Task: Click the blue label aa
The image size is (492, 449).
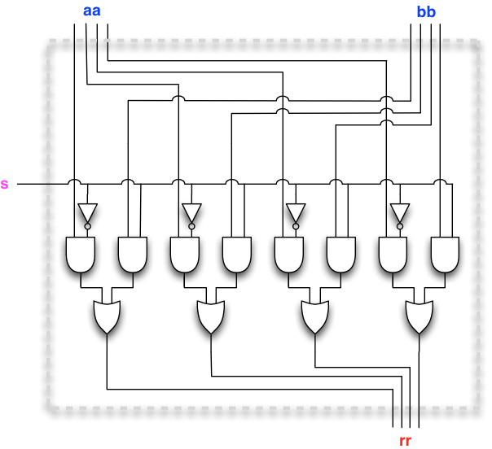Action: click(x=91, y=11)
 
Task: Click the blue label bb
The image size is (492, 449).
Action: click(x=426, y=11)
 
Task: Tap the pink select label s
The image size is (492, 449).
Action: click(x=6, y=185)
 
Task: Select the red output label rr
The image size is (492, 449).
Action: click(x=405, y=440)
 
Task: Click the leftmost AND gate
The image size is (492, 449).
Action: click(x=80, y=254)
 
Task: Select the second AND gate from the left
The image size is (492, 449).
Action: click(x=132, y=254)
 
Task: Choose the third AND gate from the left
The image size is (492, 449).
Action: click(x=184, y=254)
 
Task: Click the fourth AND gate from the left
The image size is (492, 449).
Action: click(x=236, y=254)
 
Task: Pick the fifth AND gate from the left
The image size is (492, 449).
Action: click(x=288, y=254)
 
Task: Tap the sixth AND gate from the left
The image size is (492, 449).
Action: click(x=340, y=254)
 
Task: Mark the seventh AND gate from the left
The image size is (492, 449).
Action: click(x=393, y=254)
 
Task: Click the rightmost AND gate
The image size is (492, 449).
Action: click(x=445, y=254)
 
